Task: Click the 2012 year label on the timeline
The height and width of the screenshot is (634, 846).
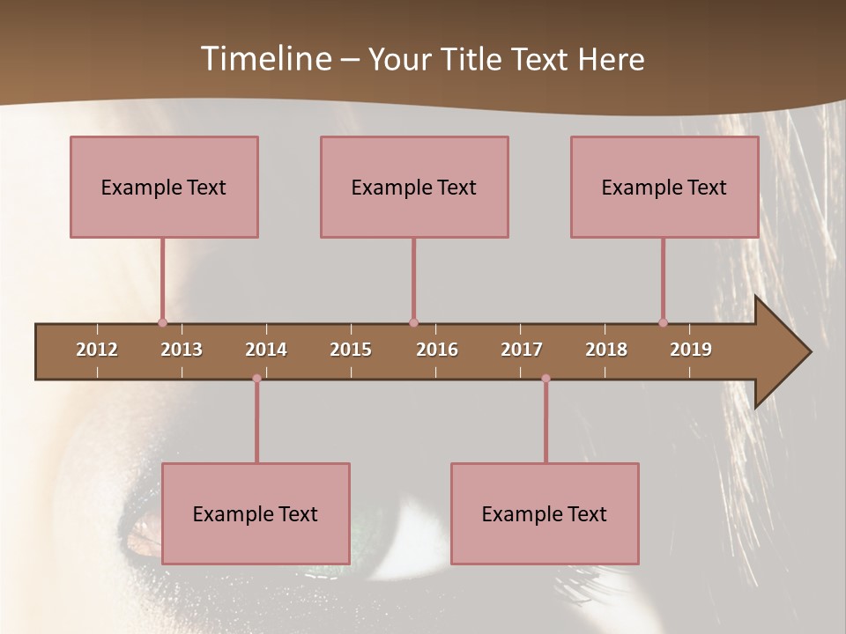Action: point(97,350)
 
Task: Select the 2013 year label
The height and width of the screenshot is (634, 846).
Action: point(182,350)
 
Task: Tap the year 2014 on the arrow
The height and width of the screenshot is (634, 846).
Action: point(266,350)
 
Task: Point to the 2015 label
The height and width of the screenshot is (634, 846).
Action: point(351,350)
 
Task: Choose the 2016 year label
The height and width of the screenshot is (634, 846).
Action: point(437,350)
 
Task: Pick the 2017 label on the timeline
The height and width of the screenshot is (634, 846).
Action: point(522,350)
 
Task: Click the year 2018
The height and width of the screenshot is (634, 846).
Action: point(606,350)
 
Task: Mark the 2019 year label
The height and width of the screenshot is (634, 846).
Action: point(691,350)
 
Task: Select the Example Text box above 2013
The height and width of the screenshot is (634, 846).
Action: point(164,187)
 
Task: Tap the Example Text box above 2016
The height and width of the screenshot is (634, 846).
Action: point(414,187)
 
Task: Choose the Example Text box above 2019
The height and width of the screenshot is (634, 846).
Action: point(664,187)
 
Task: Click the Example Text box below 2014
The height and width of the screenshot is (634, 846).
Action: point(256,513)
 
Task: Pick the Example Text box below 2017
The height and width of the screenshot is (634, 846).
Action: point(545,513)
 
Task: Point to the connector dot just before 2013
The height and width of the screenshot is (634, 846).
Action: point(162,322)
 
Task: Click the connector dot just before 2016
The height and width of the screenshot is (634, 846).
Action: point(413,322)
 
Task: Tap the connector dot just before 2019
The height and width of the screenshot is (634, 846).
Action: point(663,322)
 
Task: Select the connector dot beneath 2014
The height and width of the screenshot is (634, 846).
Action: point(256,379)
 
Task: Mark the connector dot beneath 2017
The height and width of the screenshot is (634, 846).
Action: point(545,379)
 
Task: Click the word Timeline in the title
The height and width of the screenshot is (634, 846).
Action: point(265,59)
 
